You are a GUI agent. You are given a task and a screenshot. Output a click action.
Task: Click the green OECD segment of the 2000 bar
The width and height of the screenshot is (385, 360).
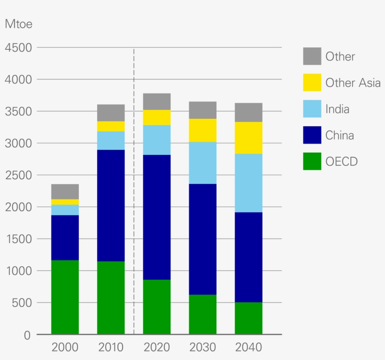coord(65,297)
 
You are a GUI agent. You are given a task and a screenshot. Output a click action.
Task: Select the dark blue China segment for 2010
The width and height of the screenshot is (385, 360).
coord(111,206)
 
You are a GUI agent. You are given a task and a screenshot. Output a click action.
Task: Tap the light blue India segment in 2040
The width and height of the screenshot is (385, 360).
coord(248,183)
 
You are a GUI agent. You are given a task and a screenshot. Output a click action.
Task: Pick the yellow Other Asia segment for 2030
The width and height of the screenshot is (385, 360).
coord(203,130)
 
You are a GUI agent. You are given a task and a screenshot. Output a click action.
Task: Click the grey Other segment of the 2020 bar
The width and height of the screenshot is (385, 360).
coord(157,101)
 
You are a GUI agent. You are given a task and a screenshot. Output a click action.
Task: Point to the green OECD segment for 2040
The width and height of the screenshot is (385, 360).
coord(248,318)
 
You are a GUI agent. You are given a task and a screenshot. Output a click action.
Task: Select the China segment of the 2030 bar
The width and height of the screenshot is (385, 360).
coord(203,239)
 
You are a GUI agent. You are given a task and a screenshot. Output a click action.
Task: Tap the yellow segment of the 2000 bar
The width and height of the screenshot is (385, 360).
coord(65,202)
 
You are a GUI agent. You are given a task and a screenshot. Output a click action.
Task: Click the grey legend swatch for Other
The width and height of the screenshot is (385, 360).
coord(312,56)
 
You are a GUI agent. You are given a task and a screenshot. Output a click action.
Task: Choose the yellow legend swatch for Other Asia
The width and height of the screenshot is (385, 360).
coord(312,83)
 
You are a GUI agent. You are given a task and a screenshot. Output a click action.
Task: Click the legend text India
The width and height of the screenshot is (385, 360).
coord(337,109)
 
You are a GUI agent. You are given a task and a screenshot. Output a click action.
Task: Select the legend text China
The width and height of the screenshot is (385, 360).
coord(339,136)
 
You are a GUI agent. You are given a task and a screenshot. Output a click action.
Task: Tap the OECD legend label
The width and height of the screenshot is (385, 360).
coord(341,162)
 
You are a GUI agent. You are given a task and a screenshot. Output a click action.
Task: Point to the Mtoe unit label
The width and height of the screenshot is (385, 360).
coord(18,24)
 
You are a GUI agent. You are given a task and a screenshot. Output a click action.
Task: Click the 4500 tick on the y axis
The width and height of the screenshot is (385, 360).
coord(18,48)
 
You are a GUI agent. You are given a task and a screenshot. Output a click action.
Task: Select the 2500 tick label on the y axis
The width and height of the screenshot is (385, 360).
coord(18,175)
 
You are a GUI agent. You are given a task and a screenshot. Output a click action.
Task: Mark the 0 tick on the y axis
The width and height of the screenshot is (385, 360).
coord(27,335)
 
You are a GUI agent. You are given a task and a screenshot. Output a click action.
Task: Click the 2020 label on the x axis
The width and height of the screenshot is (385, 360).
coord(157,348)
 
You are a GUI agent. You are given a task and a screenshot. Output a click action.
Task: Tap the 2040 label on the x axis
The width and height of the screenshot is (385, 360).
coord(248,348)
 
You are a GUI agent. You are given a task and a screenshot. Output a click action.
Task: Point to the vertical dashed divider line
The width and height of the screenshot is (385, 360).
coord(134,188)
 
